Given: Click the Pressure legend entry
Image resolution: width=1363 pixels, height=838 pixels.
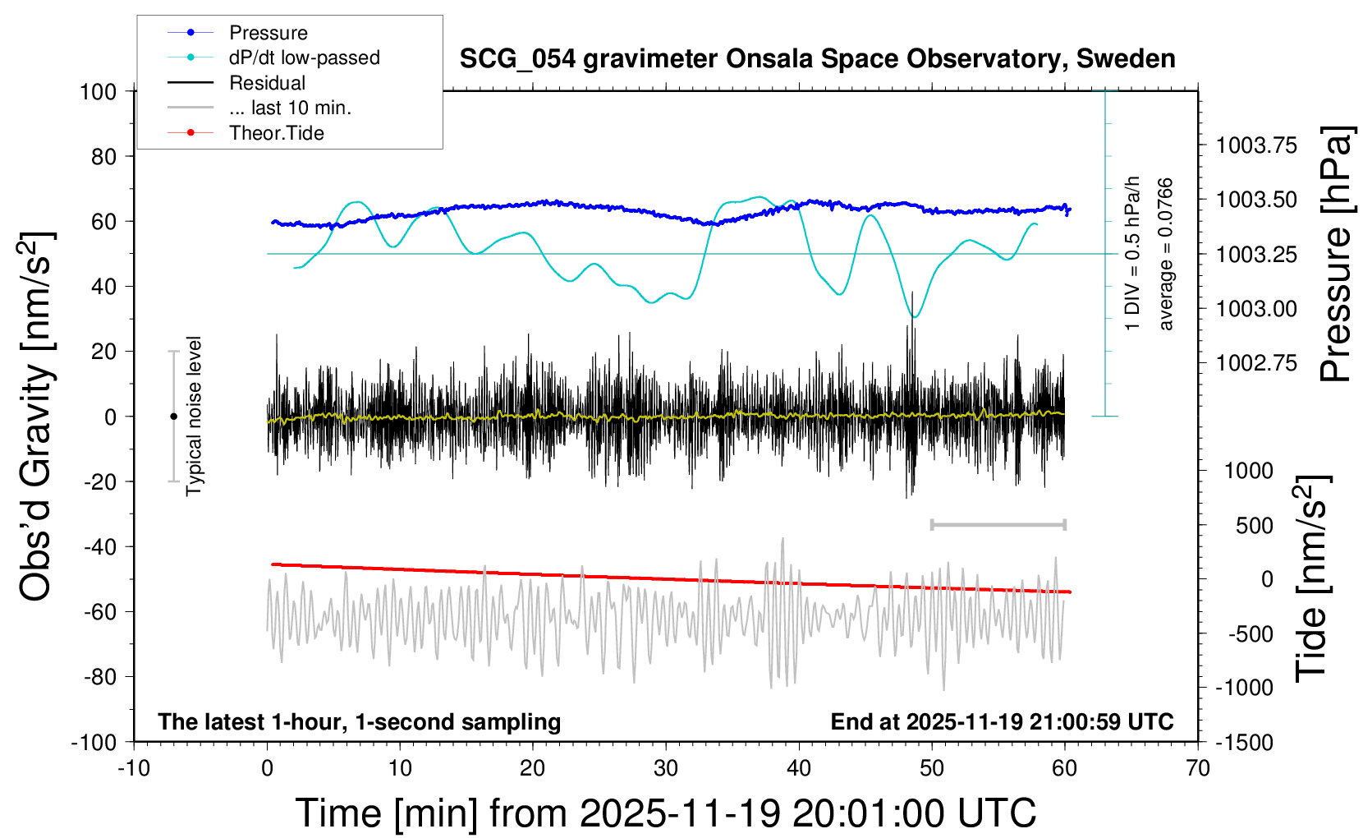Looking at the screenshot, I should tap(268, 33).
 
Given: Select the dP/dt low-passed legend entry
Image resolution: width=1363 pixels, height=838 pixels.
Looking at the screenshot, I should tap(304, 58).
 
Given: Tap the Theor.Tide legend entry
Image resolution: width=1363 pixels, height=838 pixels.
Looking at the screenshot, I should tap(276, 133).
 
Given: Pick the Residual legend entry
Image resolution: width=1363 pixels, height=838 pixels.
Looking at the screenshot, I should tap(267, 83).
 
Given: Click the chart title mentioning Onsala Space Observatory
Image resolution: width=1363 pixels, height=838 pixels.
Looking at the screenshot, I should tap(817, 59).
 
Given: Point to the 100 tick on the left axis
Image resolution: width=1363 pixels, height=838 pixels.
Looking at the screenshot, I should tap(98, 91).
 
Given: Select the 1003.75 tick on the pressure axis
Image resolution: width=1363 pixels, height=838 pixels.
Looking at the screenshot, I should tap(1256, 145).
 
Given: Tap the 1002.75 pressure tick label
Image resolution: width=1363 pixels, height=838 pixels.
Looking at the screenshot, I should tap(1256, 363).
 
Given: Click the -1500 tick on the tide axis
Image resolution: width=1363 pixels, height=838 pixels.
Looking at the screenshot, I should tap(1244, 743).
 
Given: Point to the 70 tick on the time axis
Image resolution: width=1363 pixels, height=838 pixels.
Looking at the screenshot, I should tap(1198, 769).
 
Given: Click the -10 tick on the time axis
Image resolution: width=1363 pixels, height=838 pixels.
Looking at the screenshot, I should tap(134, 769).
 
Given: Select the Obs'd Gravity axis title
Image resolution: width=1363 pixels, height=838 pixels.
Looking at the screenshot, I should tap(37, 417).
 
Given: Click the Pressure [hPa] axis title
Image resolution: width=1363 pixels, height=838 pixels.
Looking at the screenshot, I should tap(1336, 255).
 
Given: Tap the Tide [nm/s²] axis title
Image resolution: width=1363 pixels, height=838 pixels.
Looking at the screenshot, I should tap(1312, 579).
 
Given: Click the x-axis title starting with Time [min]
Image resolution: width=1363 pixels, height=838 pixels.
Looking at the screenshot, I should tap(665, 813).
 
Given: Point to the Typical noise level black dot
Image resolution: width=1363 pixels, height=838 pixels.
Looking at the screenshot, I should tap(173, 417).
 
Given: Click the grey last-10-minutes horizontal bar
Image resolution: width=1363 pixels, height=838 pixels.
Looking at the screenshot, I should tap(998, 524).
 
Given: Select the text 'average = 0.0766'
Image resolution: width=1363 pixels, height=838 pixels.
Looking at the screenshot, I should tap(1166, 255).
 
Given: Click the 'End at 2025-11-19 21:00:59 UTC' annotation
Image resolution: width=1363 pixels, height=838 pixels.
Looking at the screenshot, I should tap(1002, 722).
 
